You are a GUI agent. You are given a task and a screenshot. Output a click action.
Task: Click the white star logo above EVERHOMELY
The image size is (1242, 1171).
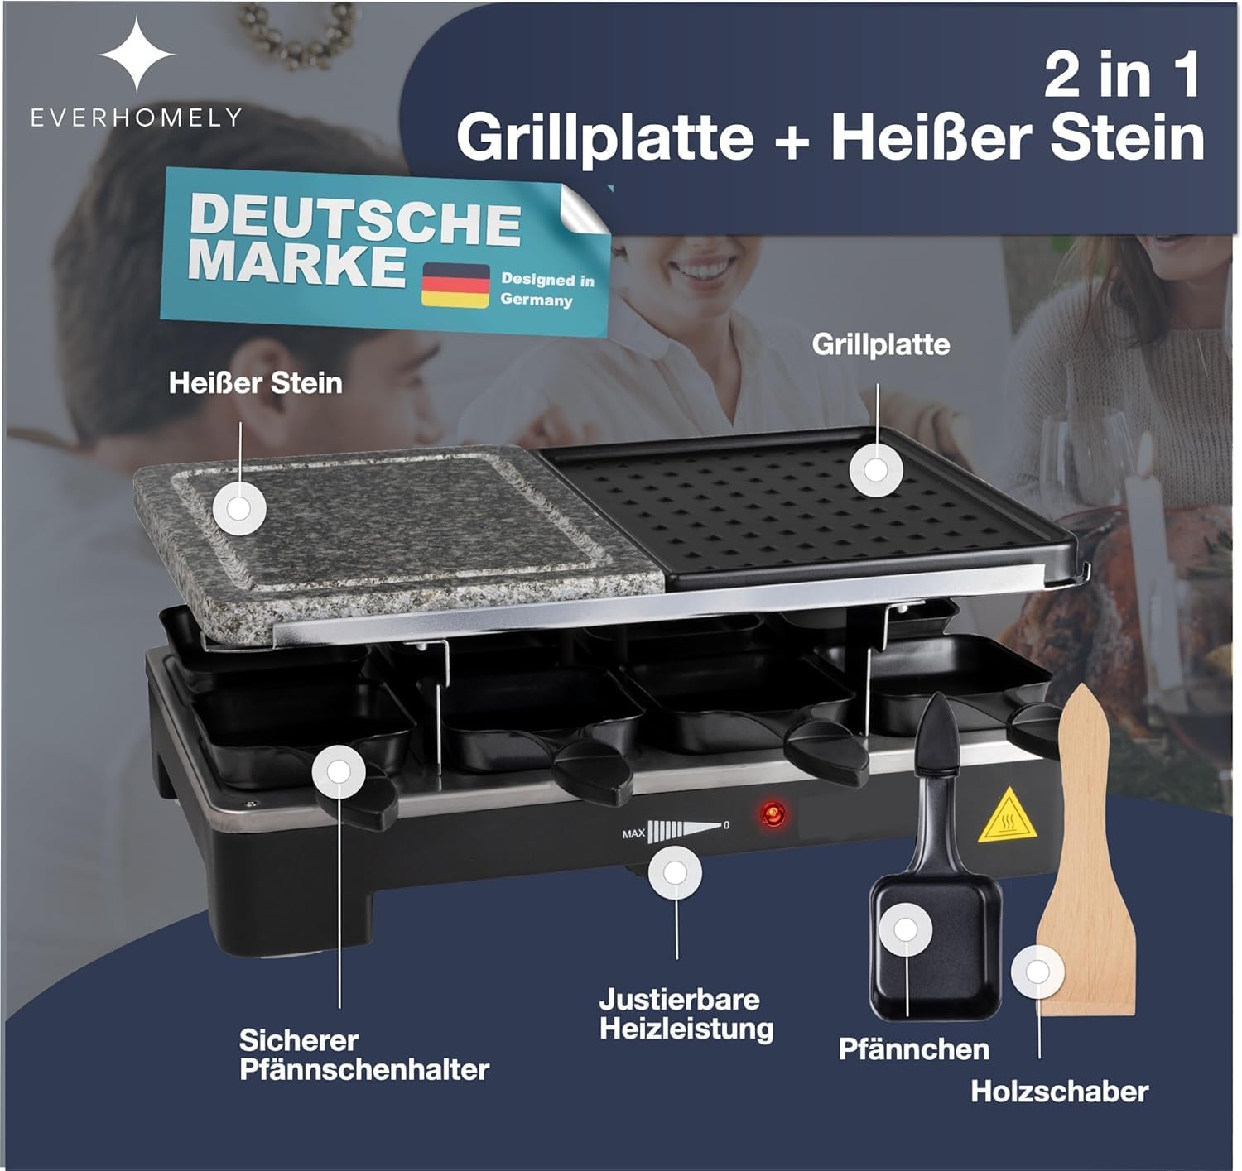[x=137, y=55]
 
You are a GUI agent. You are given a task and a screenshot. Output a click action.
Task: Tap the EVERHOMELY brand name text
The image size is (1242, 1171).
[x=137, y=118]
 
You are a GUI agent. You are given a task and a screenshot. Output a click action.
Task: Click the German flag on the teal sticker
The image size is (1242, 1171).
[x=455, y=285]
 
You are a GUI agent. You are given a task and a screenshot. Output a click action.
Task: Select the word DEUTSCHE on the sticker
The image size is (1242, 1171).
[x=355, y=220]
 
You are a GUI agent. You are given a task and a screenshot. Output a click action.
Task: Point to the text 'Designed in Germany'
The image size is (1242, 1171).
[x=547, y=290]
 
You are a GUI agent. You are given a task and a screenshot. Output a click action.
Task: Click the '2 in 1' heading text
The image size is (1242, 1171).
[x=1123, y=75]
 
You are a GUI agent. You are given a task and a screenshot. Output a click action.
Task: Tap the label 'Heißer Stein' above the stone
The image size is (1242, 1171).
[x=256, y=382]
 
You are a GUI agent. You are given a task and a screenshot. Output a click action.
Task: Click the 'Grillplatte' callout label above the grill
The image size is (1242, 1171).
[x=880, y=344]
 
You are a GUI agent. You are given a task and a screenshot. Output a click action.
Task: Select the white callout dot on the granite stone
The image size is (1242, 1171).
[x=239, y=508]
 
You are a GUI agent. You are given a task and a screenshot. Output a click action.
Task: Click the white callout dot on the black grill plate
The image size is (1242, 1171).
[x=875, y=470]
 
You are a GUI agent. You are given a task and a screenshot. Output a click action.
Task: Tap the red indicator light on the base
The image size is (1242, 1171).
[x=773, y=814]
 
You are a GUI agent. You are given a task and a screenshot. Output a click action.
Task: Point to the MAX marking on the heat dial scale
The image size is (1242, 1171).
[x=633, y=834]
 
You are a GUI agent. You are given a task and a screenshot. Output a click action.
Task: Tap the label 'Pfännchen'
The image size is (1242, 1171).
[x=913, y=1049]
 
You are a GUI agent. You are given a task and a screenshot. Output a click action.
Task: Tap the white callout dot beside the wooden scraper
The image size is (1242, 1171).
[x=1037, y=972]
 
